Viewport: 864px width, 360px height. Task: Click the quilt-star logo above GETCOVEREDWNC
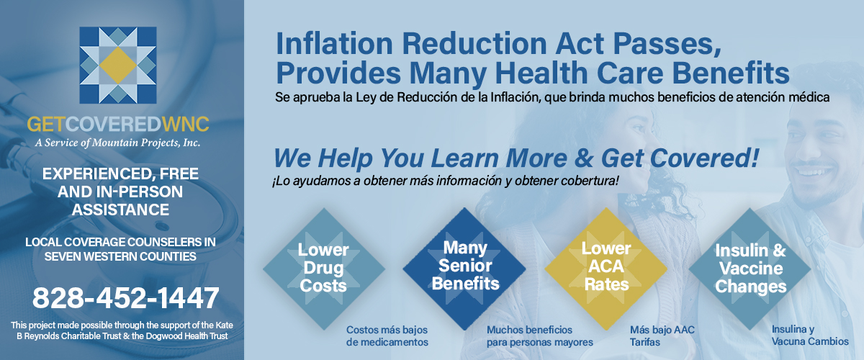[118, 65]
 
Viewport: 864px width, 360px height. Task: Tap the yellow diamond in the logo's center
[118, 66]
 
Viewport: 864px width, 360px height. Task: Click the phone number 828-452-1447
[126, 298]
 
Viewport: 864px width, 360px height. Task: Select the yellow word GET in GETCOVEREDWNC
[46, 125]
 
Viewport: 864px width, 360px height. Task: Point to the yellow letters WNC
[186, 125]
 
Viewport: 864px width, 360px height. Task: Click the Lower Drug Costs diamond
[323, 269]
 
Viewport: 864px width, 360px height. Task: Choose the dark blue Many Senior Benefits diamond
[464, 269]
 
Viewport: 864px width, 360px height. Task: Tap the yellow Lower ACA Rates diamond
[606, 269]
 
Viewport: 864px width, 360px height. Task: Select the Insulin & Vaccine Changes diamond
[750, 269]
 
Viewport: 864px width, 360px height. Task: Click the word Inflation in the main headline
[334, 43]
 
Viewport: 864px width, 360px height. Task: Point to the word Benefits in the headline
[731, 73]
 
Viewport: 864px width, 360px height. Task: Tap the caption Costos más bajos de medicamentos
[387, 336]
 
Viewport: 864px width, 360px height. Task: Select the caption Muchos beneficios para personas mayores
[539, 336]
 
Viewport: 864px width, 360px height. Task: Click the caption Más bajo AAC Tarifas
[662, 336]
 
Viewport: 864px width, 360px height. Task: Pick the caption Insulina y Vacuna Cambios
[810, 336]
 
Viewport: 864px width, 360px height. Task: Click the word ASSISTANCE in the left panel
[120, 210]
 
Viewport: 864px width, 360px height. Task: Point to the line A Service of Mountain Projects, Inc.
[117, 143]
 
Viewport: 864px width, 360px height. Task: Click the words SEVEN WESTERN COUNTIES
[120, 256]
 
